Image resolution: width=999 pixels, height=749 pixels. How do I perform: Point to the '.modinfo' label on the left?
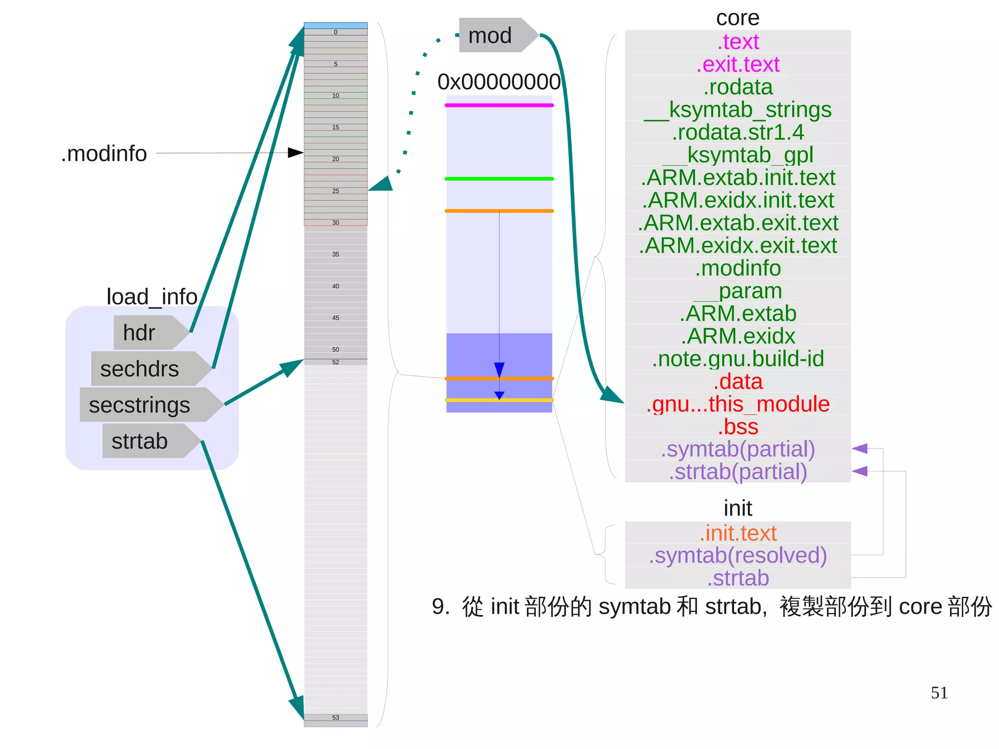click(104, 154)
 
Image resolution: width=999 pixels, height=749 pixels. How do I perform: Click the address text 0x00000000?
click(499, 81)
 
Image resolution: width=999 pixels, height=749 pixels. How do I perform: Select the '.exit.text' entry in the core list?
click(738, 64)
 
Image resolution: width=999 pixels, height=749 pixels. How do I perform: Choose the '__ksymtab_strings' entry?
click(738, 110)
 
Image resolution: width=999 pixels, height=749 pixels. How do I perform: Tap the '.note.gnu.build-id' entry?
click(738, 359)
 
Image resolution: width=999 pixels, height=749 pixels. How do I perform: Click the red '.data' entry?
click(738, 382)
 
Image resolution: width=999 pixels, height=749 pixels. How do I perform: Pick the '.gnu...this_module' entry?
click(738, 404)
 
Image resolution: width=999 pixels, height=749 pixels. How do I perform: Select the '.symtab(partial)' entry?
click(738, 449)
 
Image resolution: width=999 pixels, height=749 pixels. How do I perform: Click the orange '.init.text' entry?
click(738, 533)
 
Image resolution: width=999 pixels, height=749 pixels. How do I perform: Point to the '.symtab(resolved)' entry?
click(738, 555)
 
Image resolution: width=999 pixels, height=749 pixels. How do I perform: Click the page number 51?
click(939, 693)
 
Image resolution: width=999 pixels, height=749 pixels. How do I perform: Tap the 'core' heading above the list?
click(738, 18)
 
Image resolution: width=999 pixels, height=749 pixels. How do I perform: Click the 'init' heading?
click(738, 508)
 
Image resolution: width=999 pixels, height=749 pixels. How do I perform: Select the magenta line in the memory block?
click(499, 105)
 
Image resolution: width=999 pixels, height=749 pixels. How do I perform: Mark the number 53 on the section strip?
click(336, 718)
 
